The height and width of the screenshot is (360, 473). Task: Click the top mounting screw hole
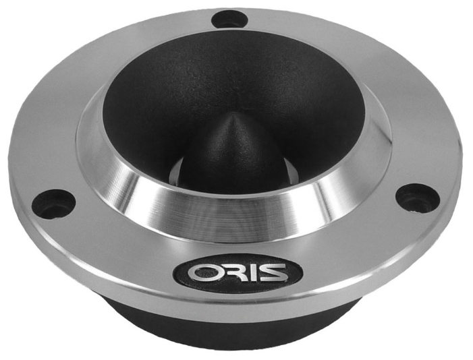(229, 20)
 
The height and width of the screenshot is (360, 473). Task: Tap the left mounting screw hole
(53, 204)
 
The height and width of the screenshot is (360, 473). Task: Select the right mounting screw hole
(418, 199)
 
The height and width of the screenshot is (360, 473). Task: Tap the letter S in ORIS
(267, 273)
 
